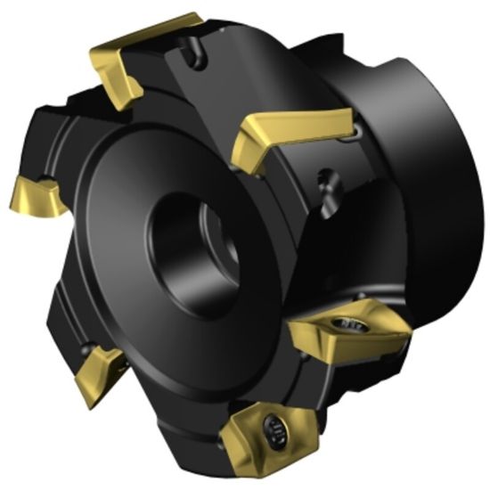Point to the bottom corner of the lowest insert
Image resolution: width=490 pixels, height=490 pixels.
[x=239, y=470]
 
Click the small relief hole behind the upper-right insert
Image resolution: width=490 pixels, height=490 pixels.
[x=356, y=134]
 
